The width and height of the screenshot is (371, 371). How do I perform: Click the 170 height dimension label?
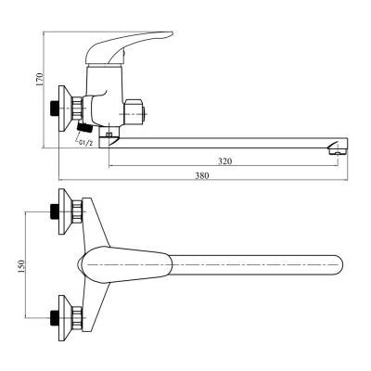[x=40, y=79]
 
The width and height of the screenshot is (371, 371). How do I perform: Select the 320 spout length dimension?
[x=224, y=161]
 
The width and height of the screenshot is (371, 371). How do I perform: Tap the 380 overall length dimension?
[x=201, y=175]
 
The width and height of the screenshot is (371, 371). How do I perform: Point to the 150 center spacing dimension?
[x=21, y=266]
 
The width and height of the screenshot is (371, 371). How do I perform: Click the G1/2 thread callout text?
[x=85, y=143]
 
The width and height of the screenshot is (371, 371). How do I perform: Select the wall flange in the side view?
[x=66, y=109]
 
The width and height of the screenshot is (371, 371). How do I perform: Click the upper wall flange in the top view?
[x=66, y=211]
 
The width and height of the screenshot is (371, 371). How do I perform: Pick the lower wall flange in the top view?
[x=66, y=318]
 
